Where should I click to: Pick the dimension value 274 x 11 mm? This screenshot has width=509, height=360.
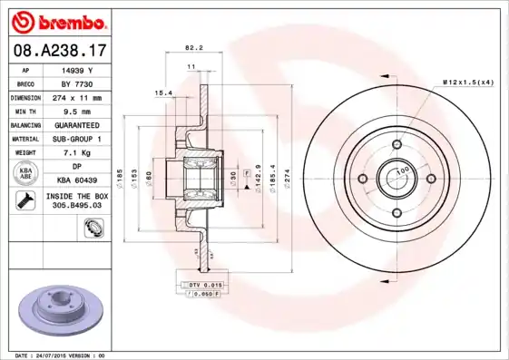74,97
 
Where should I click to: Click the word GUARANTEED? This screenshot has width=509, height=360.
73,124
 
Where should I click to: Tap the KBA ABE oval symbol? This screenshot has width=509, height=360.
27,173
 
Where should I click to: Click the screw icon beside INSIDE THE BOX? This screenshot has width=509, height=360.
25,200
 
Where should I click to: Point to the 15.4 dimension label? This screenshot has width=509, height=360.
163,92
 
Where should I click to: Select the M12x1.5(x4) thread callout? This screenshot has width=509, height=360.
467,83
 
